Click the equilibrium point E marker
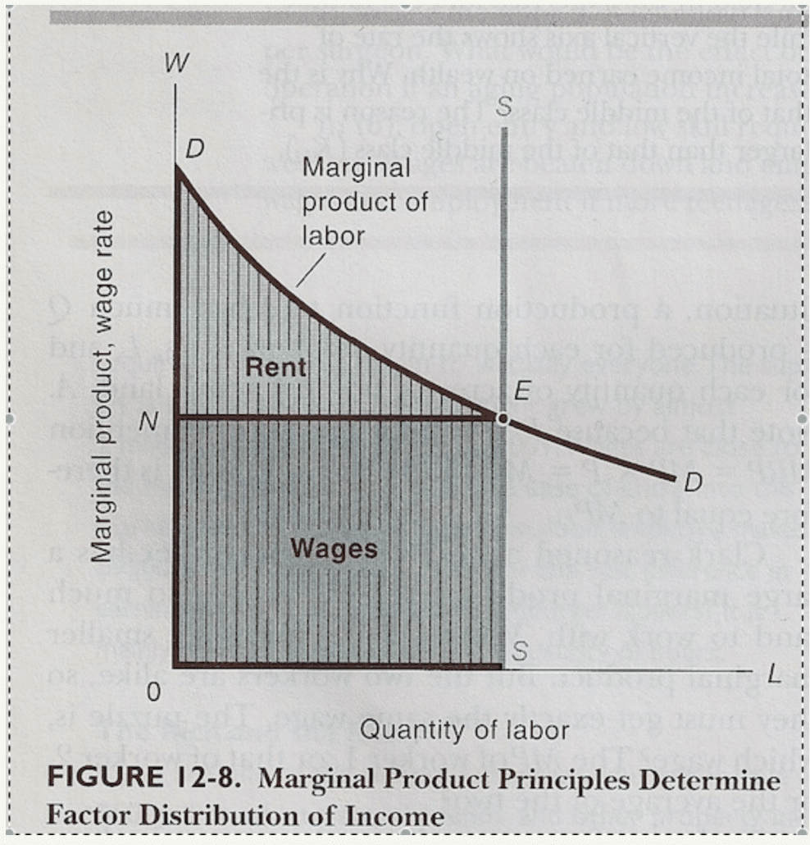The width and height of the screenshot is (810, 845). pos(502,418)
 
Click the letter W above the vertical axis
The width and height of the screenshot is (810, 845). pos(174,65)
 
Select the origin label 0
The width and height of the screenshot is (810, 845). pos(152,692)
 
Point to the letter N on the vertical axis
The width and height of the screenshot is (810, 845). pos(148,421)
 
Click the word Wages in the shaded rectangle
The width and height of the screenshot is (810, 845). pos(334,547)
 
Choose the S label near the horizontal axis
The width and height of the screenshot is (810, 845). pos(519,651)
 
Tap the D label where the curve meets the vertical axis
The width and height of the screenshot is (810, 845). pos(195,149)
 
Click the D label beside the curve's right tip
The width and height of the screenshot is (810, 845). pos(693,483)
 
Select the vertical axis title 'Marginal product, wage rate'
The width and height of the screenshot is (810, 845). pos(102,386)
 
